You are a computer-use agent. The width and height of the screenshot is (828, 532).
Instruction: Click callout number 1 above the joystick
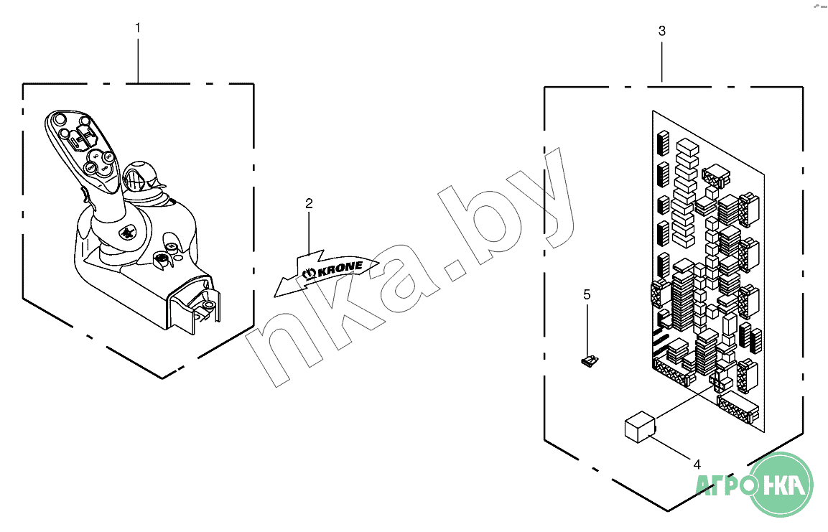(138, 27)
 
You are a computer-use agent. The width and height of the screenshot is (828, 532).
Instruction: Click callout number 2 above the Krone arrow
(309, 203)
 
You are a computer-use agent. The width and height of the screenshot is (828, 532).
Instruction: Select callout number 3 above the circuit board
(662, 31)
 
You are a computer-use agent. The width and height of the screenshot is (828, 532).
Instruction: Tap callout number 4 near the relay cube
(697, 465)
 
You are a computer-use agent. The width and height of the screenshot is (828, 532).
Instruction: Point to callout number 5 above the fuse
(587, 294)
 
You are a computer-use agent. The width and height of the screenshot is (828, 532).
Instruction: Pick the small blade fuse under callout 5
(590, 362)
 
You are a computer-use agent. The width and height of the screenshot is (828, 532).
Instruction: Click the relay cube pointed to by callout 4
(639, 426)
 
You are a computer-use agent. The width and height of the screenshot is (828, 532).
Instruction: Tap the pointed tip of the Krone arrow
(274, 296)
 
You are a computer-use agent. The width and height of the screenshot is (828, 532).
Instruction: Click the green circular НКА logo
(781, 484)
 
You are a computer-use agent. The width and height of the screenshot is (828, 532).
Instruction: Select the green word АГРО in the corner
(725, 484)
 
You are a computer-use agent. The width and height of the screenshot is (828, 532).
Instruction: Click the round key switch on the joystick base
(162, 259)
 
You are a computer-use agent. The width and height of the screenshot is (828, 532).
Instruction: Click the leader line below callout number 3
(662, 62)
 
